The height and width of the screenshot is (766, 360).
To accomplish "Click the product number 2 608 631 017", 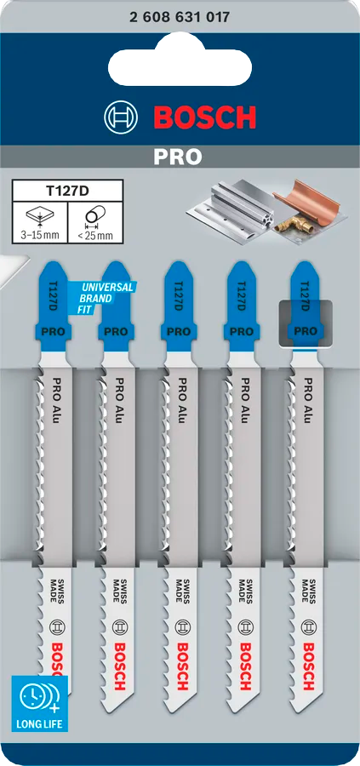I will click(x=180, y=15).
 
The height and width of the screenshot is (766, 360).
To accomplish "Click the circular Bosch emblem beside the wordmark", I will click(x=120, y=117).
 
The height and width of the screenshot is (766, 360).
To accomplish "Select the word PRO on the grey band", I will click(x=179, y=157).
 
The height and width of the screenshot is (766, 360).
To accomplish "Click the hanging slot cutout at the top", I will click(x=180, y=66).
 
